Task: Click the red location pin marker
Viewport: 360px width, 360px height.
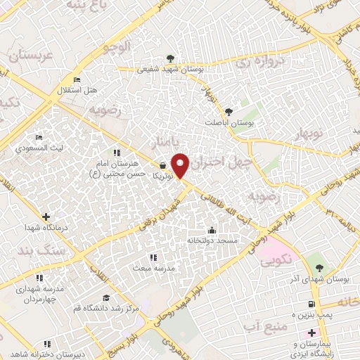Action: pyautogui.click(x=181, y=166)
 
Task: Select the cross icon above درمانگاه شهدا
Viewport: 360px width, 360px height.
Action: pyautogui.click(x=46, y=217)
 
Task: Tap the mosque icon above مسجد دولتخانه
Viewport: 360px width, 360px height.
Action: pyautogui.click(x=212, y=230)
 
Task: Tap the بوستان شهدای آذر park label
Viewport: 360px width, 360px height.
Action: pyautogui.click(x=325, y=279)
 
